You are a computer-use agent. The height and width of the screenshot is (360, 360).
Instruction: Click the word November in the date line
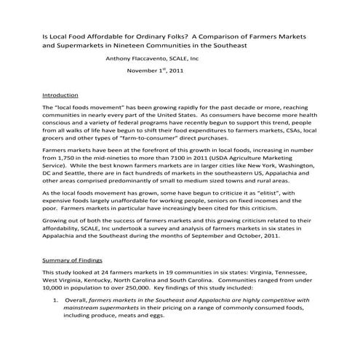pyautogui.click(x=145, y=71)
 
